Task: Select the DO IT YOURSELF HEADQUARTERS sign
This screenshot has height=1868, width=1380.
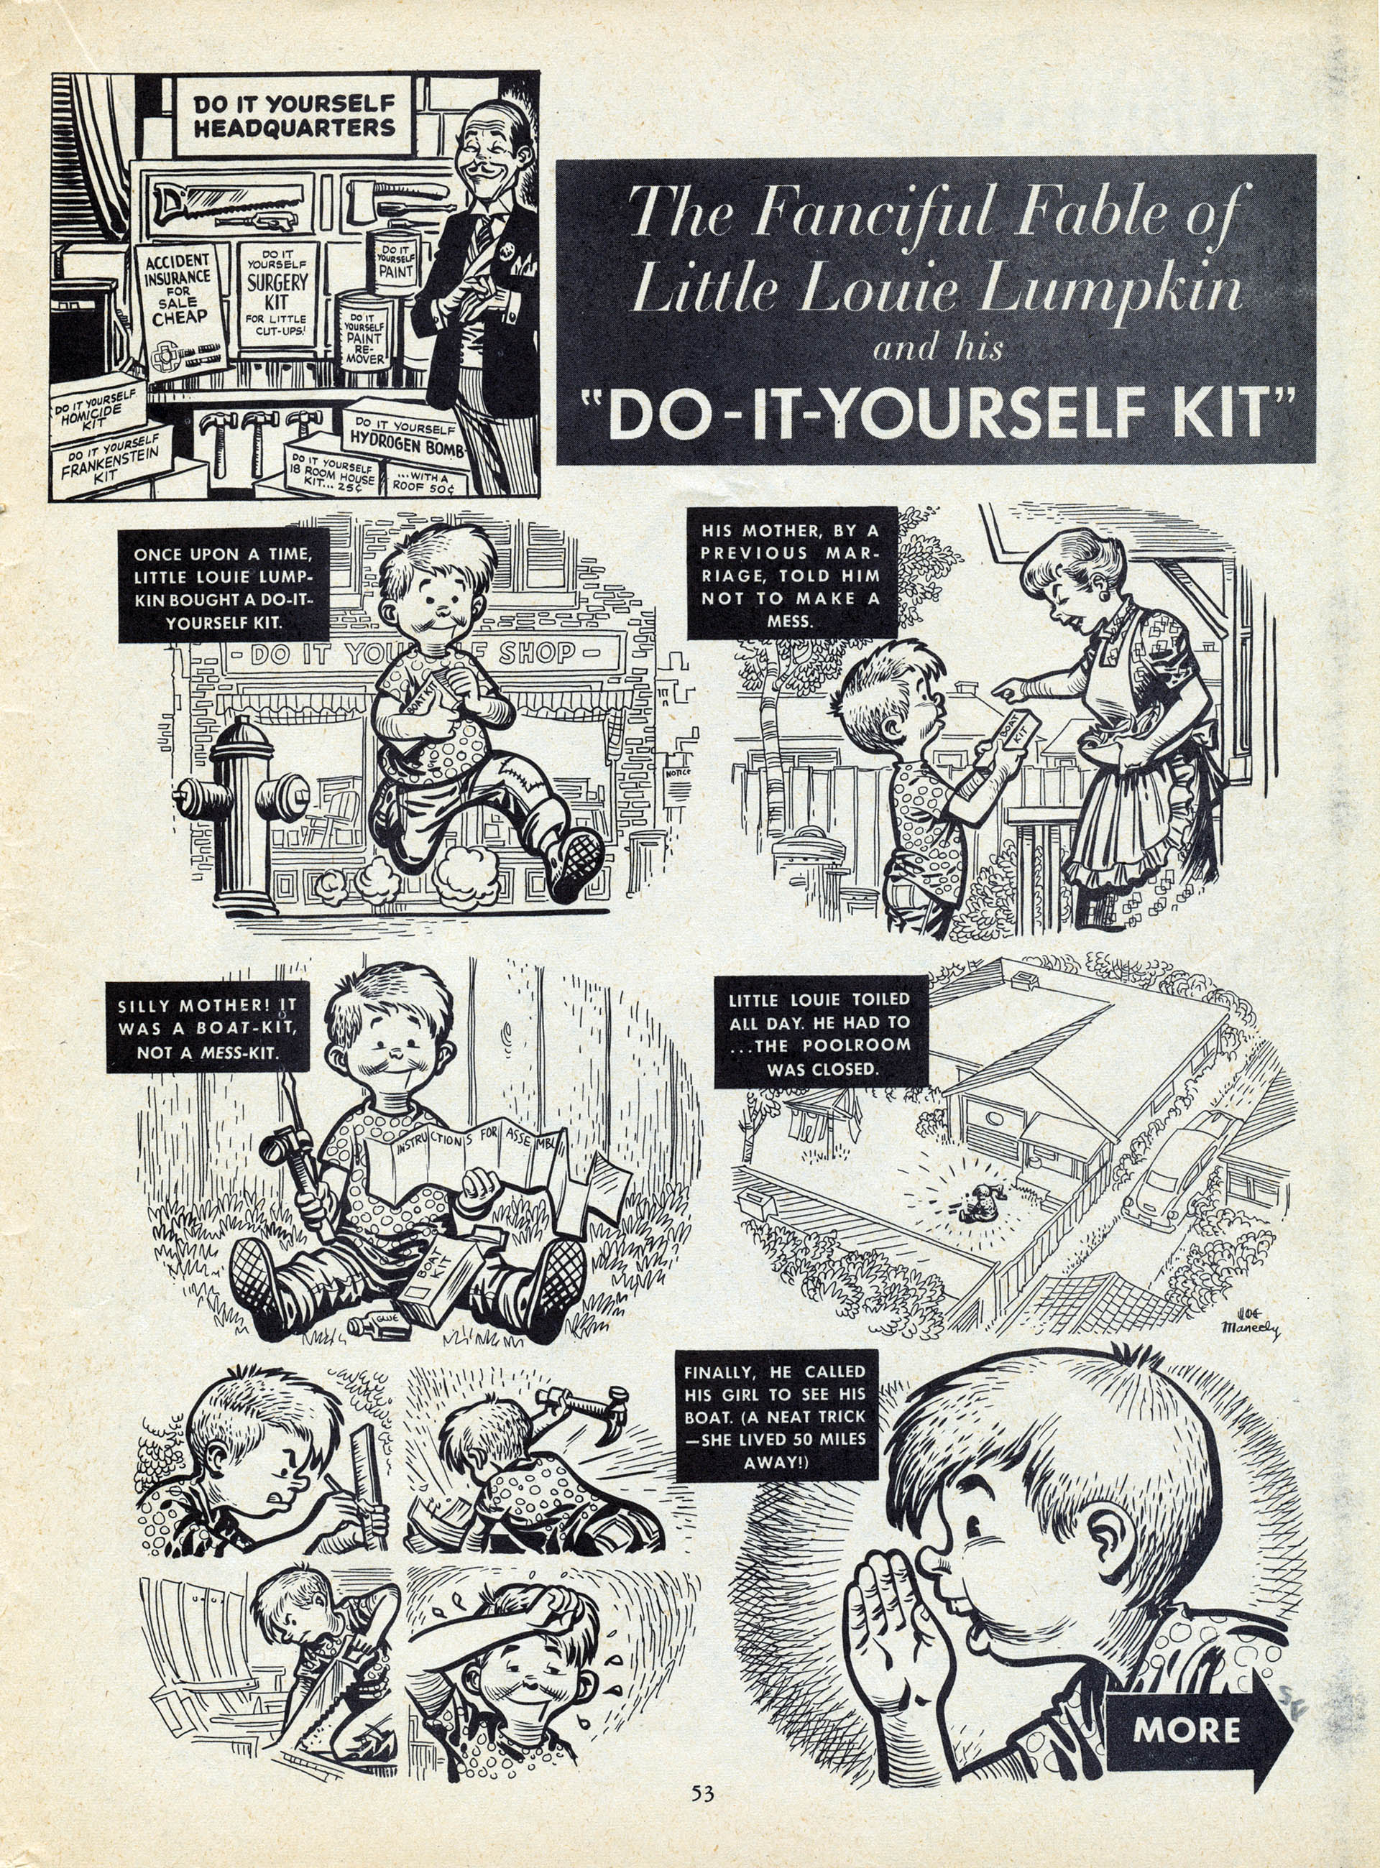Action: tap(294, 116)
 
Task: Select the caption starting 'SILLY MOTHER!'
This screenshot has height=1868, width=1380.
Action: tap(207, 1028)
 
